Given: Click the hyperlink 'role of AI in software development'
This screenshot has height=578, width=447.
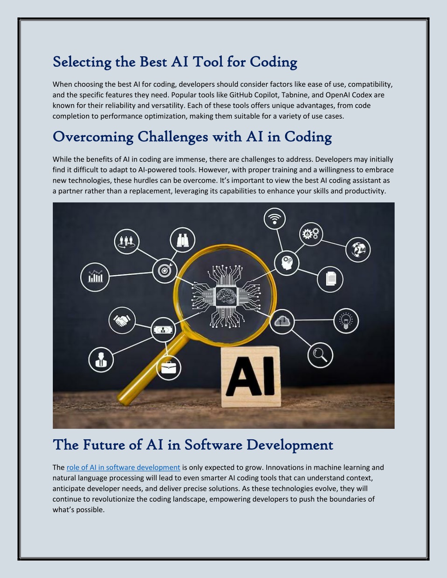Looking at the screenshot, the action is click(x=123, y=467).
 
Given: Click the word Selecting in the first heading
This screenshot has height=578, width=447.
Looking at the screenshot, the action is click(x=82, y=62).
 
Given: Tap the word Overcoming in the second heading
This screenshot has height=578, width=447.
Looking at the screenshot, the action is click(x=93, y=137).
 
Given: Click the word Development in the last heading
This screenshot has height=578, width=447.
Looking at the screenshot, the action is click(x=290, y=445).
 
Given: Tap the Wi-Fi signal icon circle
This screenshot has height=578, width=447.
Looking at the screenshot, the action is click(x=275, y=219).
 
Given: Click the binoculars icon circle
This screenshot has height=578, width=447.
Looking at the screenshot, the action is click(x=182, y=240).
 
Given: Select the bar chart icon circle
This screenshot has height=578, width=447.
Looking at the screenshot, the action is click(x=95, y=277).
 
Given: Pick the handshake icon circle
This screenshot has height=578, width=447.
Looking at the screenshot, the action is click(x=122, y=321).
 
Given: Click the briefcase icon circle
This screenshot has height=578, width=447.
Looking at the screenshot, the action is click(x=168, y=368).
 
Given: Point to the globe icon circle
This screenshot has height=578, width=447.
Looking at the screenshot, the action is click(x=358, y=250).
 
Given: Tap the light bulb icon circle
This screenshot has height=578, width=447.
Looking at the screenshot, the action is click(x=346, y=321).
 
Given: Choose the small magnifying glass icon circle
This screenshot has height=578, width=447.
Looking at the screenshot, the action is click(x=320, y=355).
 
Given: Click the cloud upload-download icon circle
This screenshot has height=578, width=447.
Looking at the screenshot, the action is click(x=282, y=321).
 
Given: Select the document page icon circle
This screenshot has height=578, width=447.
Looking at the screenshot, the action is click(x=330, y=279).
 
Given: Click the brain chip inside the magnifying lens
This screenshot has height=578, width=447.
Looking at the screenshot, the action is click(x=226, y=296).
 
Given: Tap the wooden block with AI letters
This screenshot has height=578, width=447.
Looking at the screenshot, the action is click(x=251, y=376).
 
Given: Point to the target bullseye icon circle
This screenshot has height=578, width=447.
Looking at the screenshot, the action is click(x=165, y=270).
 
